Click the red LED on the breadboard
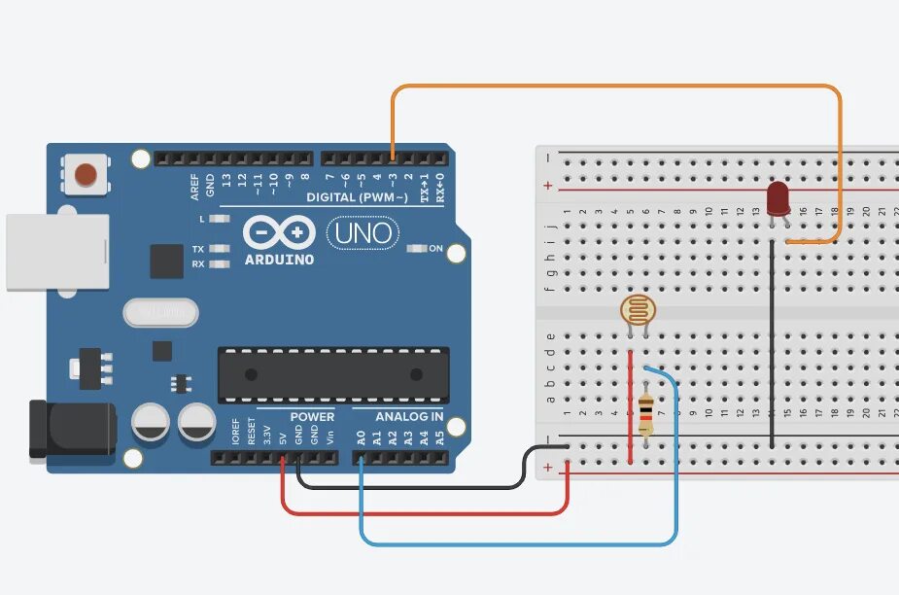tap(778, 198)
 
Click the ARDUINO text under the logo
tap(279, 260)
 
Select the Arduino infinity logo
tap(279, 232)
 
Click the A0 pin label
tap(362, 437)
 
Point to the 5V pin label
tap(283, 437)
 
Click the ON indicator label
tap(435, 249)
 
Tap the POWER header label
tap(312, 417)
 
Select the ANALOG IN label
tap(410, 417)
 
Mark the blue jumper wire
tap(515, 542)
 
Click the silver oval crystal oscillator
tap(160, 312)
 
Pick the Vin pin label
tap(330, 437)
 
